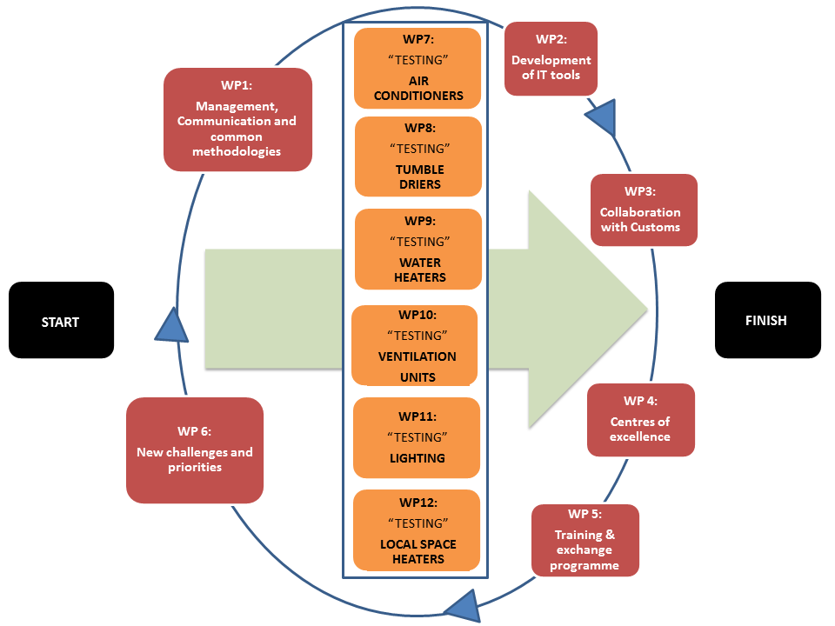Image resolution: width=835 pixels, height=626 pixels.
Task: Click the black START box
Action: [61, 320]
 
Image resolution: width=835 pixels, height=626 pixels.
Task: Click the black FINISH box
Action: [767, 320]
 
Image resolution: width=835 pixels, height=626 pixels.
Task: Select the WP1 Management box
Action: [237, 119]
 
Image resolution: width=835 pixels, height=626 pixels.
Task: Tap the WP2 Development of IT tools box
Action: [551, 58]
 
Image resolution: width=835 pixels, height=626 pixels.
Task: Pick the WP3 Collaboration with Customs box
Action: [644, 210]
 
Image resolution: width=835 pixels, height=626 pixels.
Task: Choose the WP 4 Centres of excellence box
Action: [640, 419]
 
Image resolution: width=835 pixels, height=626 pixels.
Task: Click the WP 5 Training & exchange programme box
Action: [585, 540]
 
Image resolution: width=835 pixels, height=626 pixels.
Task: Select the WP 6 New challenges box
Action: [195, 450]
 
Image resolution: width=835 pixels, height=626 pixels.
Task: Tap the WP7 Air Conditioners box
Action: [418, 68]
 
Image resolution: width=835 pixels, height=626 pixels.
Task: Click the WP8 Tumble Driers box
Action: [418, 156]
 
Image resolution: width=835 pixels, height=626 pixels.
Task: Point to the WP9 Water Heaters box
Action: [418, 249]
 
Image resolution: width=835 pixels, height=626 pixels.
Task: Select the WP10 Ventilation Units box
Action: [415, 344]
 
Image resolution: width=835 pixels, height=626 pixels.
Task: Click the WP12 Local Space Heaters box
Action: [417, 529]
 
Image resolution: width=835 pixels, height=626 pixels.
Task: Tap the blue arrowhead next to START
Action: [172, 326]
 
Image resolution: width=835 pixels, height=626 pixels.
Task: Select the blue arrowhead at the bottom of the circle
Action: [464, 603]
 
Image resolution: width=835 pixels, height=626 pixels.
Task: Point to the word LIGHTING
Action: [417, 458]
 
